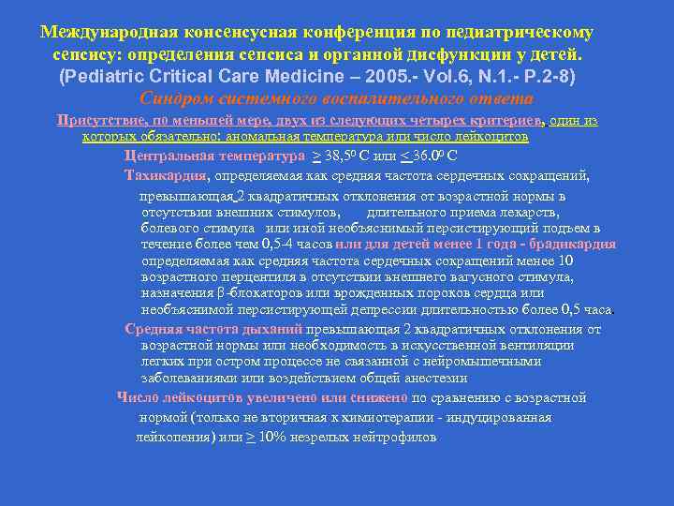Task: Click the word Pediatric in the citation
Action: (110, 76)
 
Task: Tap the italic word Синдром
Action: (172, 98)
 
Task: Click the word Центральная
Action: (168, 156)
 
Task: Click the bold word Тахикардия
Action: (166, 174)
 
